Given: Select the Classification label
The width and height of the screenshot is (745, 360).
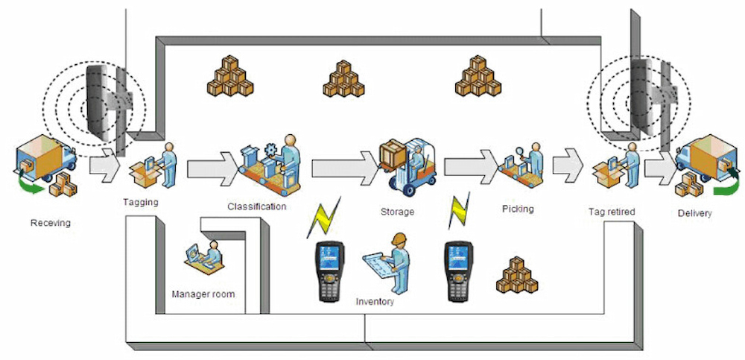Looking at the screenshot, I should coord(257,206).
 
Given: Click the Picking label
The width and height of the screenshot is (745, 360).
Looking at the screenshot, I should coord(518,209).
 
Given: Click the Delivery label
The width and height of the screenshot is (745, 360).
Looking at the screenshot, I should coord(694,214).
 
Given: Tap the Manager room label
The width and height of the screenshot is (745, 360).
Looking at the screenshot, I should coord(203,294).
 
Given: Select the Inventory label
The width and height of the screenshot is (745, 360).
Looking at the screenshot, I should coord(375,302).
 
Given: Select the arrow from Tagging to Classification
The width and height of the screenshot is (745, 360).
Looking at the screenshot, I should coord(212,165).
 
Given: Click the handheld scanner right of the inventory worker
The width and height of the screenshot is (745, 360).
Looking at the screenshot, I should coord(457,269).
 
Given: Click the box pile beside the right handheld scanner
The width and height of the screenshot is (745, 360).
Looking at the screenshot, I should coord(516,276).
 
